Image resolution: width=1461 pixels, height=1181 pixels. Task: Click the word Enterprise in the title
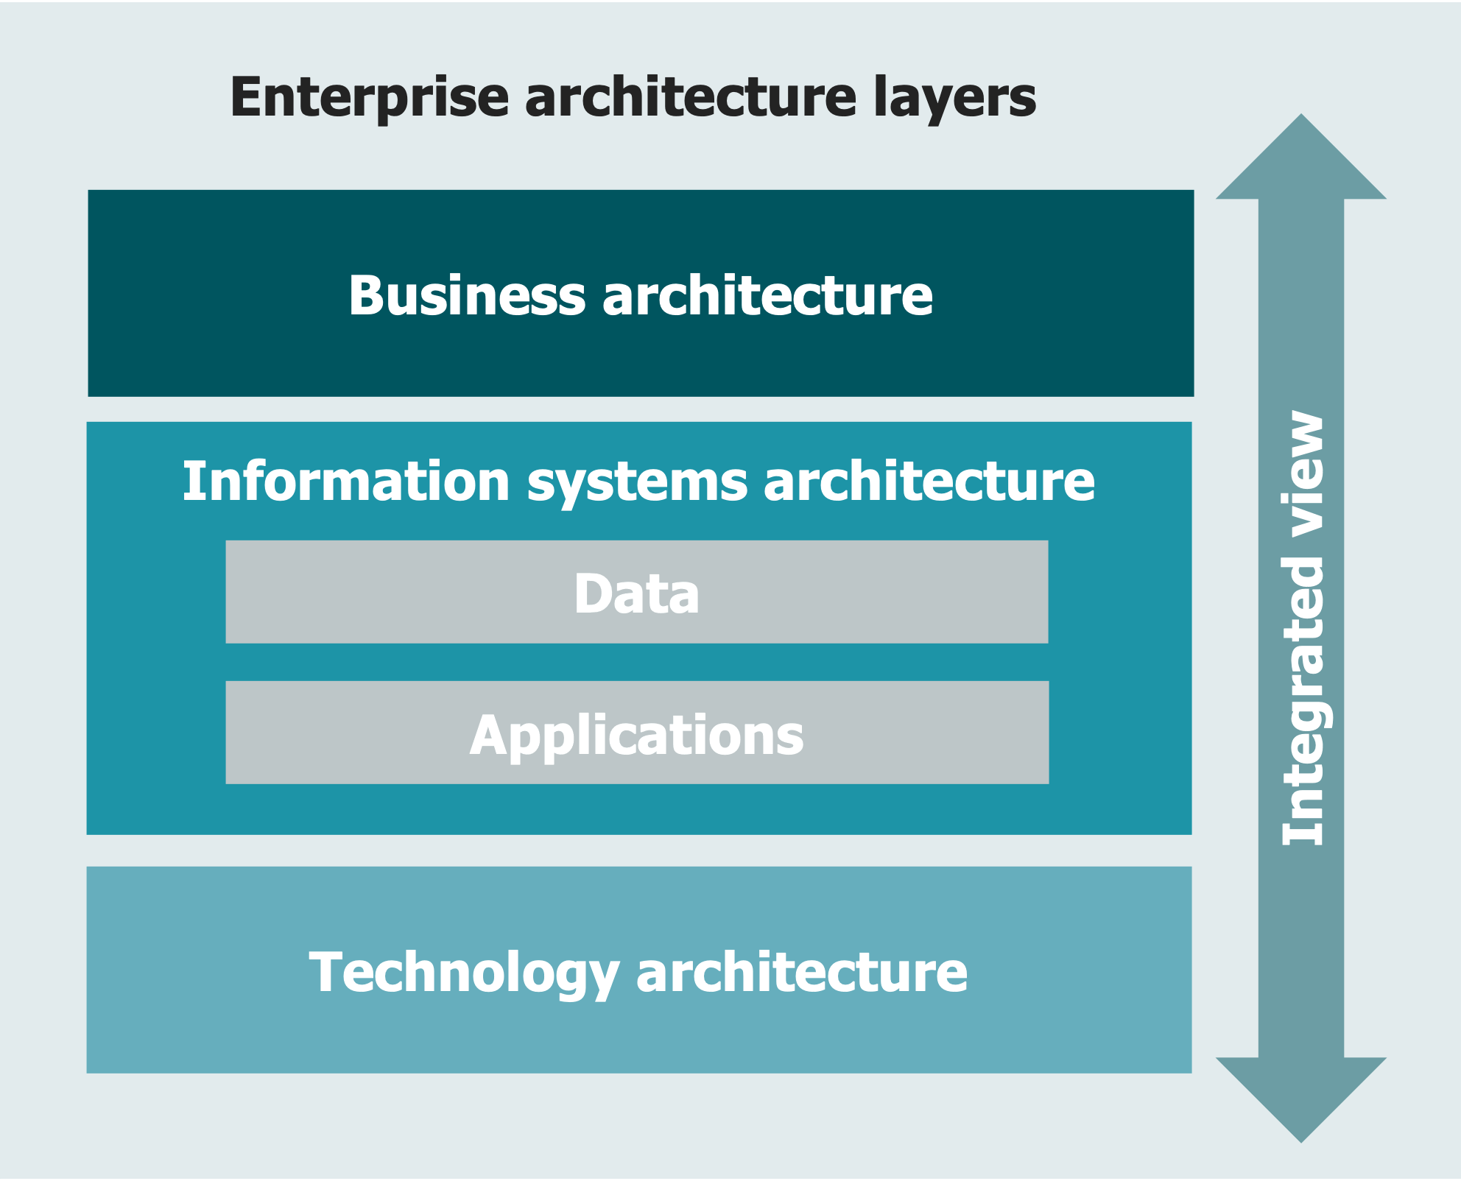370,98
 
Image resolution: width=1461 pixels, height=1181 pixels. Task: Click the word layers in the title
955,98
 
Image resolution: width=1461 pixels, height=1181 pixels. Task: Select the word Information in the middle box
346,482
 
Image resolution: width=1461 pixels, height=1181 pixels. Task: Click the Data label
637,593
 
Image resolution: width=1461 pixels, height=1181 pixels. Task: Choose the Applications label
637,736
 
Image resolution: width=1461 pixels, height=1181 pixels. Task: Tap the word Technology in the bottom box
464,974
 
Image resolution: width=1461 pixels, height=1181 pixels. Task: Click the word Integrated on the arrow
1303,701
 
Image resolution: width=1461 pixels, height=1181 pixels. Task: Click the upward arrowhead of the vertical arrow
1301,157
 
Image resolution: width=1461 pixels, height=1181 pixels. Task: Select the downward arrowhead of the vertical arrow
1301,1100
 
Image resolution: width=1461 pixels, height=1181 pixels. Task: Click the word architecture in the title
691,98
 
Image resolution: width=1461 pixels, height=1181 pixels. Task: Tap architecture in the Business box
767,295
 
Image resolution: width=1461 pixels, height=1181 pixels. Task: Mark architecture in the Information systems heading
929,482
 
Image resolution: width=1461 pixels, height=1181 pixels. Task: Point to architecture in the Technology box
801,973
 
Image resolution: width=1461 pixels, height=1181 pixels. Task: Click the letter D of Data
594,593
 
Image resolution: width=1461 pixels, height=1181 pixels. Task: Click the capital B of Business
366,295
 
